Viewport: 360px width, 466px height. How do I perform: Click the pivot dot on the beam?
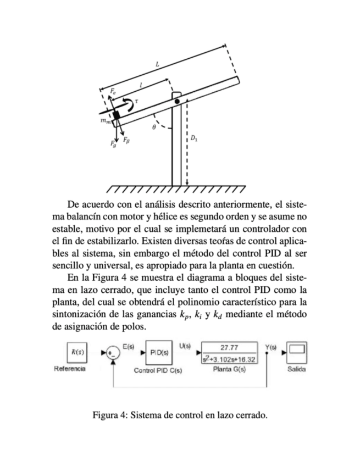[x=177, y=102]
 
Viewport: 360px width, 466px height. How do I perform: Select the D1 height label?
[x=195, y=139]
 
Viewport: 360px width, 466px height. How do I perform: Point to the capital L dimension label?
[x=158, y=65]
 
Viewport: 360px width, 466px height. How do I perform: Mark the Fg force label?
[x=113, y=145]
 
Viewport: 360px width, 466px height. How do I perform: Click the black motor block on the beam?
[x=117, y=116]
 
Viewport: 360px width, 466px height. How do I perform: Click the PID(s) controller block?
[x=159, y=351]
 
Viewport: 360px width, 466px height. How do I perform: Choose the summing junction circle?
[x=113, y=352]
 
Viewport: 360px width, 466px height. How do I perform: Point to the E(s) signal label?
[x=129, y=345]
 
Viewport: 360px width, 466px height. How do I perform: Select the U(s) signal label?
[x=185, y=345]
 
